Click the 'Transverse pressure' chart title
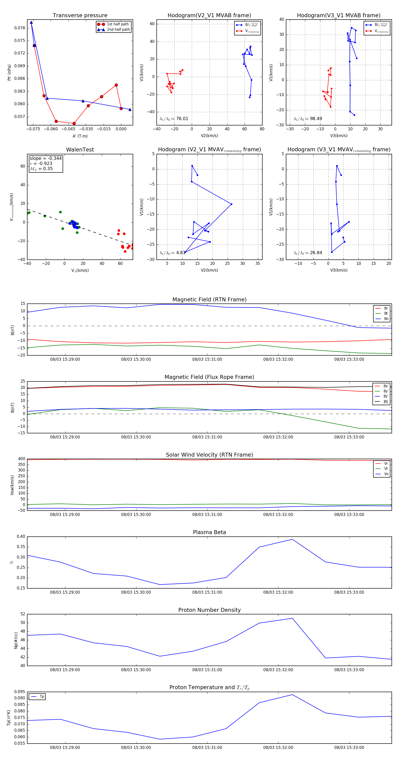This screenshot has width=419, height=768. point(80,16)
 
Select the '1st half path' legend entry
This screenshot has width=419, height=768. point(118,24)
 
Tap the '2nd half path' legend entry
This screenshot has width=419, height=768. point(118,30)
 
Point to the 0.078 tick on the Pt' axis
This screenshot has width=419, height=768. point(20,28)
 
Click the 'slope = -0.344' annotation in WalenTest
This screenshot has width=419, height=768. point(46,158)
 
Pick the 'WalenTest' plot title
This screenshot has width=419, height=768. point(80,150)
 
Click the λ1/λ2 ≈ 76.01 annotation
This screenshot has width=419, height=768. point(174,119)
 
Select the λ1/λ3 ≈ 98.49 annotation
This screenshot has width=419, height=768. point(308,119)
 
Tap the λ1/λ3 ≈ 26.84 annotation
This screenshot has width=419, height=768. point(308,253)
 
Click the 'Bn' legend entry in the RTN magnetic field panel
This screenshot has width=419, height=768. point(386,319)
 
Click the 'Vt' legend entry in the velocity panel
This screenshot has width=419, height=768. point(386,469)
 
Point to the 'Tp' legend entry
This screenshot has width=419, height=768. point(41,697)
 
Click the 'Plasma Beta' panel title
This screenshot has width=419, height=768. point(209,532)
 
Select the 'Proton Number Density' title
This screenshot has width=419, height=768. point(209,610)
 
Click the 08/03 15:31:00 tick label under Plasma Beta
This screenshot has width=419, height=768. point(207,592)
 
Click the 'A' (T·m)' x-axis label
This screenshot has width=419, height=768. point(80,136)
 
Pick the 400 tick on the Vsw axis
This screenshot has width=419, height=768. point(21,459)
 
